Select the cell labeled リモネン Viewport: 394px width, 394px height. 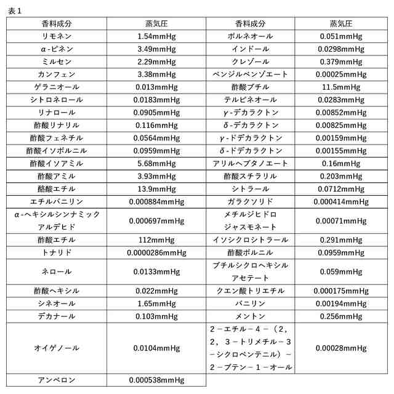(x=56, y=36)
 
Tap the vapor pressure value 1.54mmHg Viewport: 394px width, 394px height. (x=156, y=36)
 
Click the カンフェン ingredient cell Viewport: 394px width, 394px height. (x=56, y=74)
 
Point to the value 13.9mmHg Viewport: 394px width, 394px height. (x=156, y=188)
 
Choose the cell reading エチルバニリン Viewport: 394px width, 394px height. (x=56, y=201)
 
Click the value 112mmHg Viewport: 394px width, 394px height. (x=156, y=239)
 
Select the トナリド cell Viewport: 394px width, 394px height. (x=56, y=252)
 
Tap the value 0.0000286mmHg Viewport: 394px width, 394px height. (x=156, y=252)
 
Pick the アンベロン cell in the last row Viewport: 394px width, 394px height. (x=56, y=380)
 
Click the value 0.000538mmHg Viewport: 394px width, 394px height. (x=156, y=380)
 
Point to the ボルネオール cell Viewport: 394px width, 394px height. (x=250, y=36)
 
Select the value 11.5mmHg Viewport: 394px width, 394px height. (x=341, y=87)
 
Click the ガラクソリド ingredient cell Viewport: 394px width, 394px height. (x=250, y=201)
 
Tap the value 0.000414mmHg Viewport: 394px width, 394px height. (x=341, y=201)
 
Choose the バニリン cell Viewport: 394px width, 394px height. (x=250, y=304)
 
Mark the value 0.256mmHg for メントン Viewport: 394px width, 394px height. (x=341, y=316)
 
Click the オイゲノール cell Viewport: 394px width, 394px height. (x=56, y=348)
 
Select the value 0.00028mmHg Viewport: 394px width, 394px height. (x=341, y=348)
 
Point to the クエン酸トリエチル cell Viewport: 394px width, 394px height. (x=250, y=291)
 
